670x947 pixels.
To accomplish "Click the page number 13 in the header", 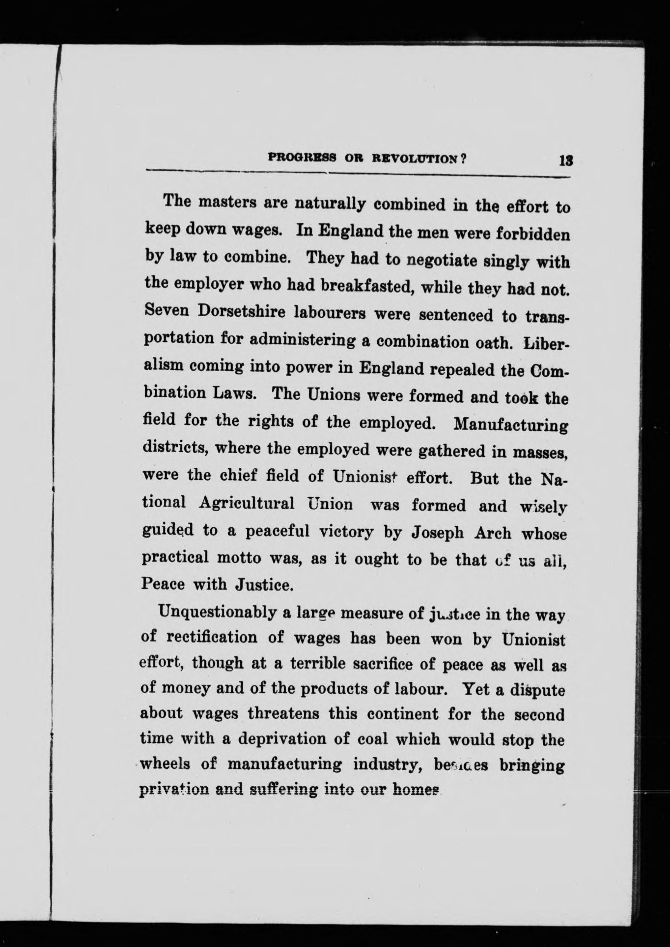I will click(x=562, y=161).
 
